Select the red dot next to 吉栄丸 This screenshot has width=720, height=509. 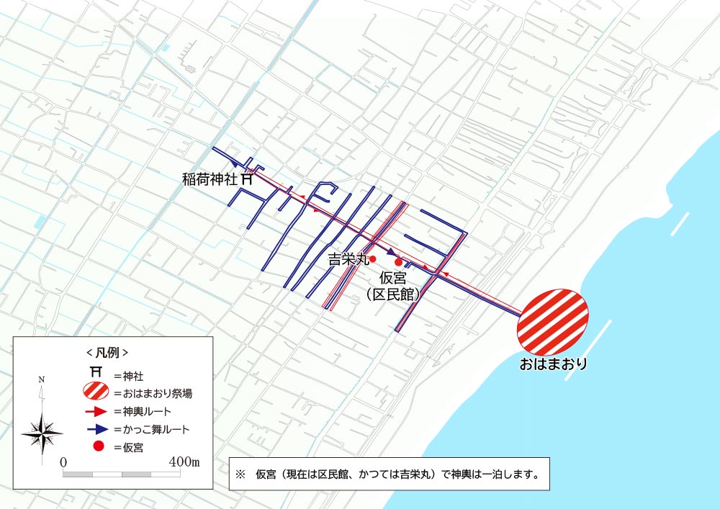tap(373, 258)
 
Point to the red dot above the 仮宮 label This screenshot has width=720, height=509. tap(398, 263)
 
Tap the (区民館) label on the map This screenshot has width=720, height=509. tap(393, 294)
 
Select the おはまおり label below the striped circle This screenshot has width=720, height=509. tap(553, 364)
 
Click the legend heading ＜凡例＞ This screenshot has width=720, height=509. tap(107, 353)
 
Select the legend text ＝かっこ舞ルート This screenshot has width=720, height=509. tap(152, 430)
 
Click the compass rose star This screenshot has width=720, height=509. tap(42, 431)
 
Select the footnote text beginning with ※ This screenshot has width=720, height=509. tap(387, 475)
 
